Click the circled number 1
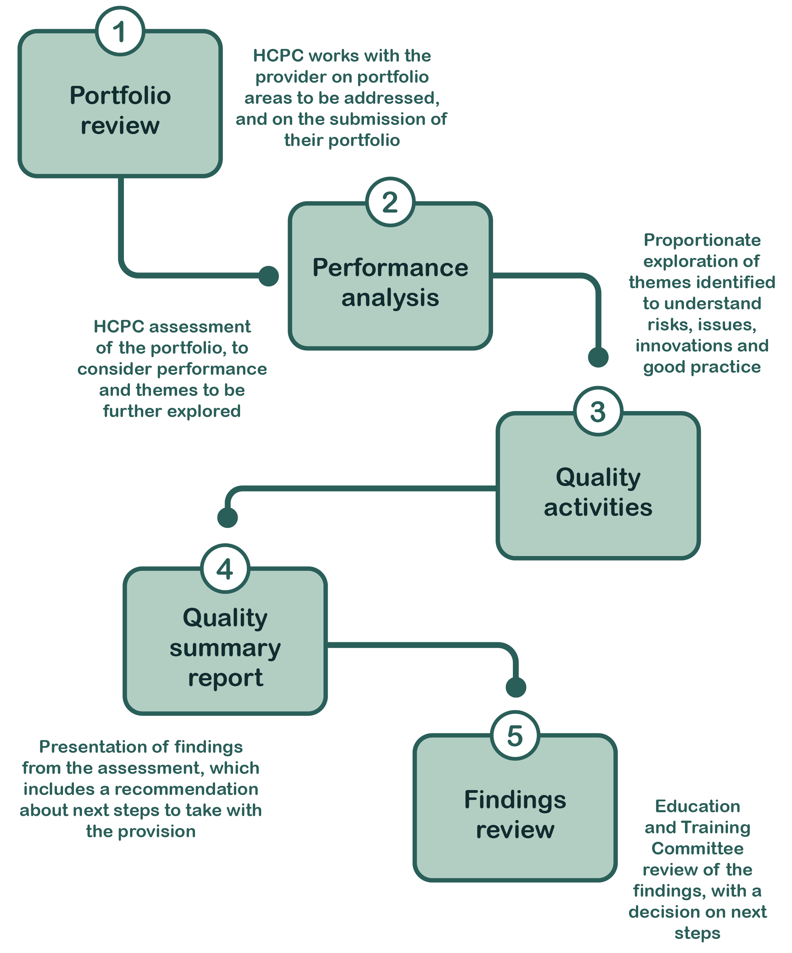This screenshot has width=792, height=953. [x=120, y=31]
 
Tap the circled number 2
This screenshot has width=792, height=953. [x=390, y=202]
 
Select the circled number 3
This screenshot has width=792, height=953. [x=598, y=412]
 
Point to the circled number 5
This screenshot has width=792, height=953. [x=515, y=735]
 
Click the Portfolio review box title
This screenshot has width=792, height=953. [x=120, y=110]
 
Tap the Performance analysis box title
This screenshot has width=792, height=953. [x=390, y=282]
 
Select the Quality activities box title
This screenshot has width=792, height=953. [x=598, y=492]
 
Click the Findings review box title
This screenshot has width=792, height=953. [x=515, y=815]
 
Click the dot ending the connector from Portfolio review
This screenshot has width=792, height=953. [x=268, y=276]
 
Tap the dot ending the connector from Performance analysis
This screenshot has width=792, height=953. [x=598, y=357]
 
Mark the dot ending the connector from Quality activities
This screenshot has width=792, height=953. [x=227, y=517]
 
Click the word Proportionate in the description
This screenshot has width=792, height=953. [x=702, y=240]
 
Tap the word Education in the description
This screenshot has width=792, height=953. [x=697, y=806]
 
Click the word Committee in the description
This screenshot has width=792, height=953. [x=697, y=848]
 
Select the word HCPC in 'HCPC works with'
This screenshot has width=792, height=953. [x=278, y=55]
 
